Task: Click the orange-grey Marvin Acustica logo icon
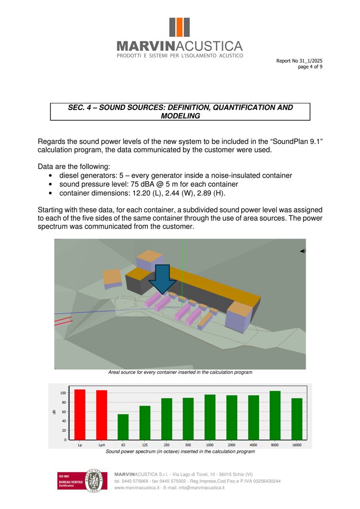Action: coord(180,28)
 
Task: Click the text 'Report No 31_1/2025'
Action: coord(299,61)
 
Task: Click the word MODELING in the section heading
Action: coord(180,116)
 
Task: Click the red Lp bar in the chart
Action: coord(80,414)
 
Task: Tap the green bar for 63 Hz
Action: coord(123,427)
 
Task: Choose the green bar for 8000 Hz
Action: coord(275,415)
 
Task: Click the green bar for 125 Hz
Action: coord(145,422)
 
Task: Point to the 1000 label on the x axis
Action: coord(210,444)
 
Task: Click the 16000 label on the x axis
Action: coord(297,444)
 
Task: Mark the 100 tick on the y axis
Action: coord(63,393)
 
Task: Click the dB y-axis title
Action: coord(54,412)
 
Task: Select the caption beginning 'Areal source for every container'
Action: coord(180,372)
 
